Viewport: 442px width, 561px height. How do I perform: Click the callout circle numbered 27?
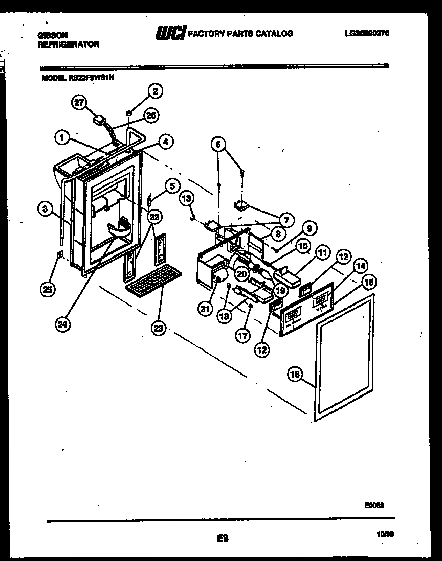78,102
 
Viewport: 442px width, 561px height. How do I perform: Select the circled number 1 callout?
61,137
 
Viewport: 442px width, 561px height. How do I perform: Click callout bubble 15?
368,282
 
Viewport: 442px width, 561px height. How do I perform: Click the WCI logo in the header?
170,33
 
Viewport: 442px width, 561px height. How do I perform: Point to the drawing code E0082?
374,504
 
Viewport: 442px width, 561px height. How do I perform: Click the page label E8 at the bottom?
222,537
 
